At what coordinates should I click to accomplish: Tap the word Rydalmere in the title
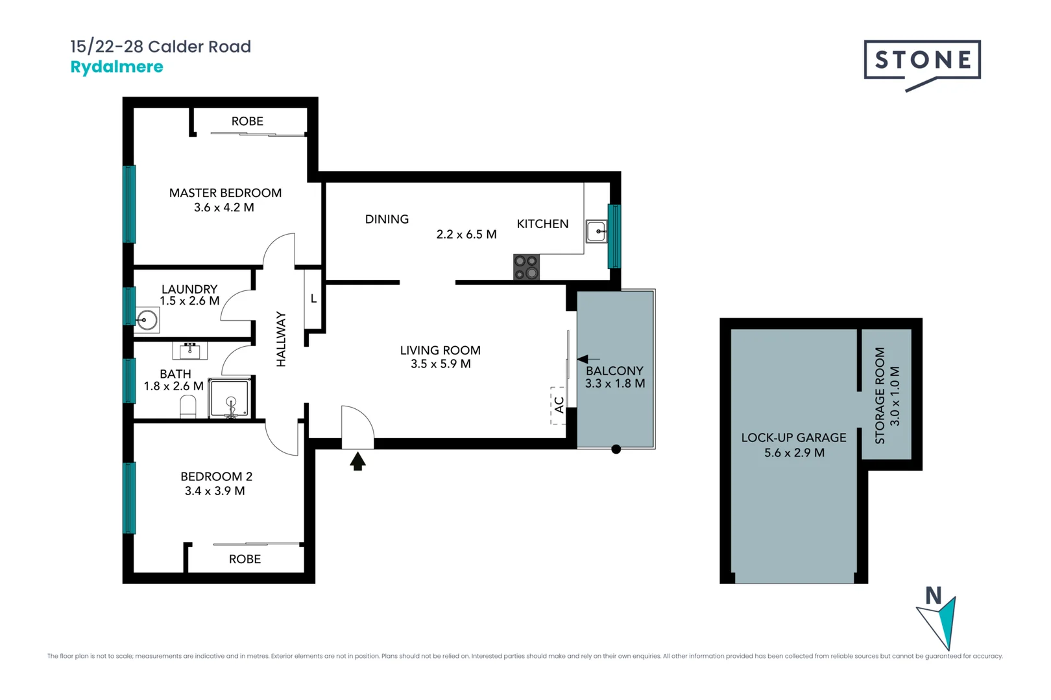117,67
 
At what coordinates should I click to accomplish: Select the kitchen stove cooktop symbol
526,267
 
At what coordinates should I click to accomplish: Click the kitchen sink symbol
596,231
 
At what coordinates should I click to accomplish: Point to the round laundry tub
147,320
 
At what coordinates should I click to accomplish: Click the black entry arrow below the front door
357,461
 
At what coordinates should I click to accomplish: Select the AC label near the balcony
559,405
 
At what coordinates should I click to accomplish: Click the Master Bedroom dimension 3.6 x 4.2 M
224,207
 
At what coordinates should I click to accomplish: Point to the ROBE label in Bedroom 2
245,559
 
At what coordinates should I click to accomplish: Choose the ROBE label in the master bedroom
247,121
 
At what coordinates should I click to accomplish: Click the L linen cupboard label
313,299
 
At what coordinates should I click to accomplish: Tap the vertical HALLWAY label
281,339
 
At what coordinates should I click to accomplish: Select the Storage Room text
880,395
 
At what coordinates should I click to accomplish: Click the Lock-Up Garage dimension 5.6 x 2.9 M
794,452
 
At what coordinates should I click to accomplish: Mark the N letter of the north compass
933,595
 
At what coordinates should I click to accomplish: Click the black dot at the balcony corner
616,449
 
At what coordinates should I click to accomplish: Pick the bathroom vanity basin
190,351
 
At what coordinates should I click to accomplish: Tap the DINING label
387,219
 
